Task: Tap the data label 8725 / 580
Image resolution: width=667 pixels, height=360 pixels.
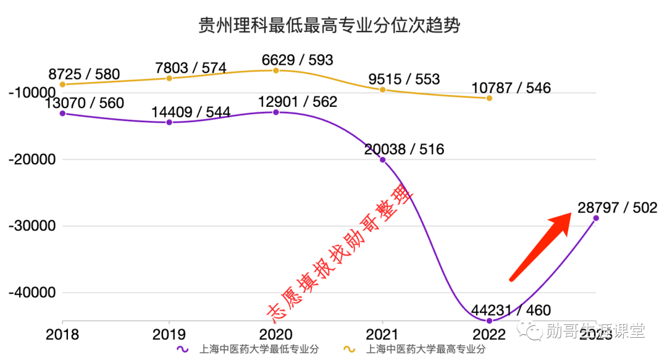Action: click(84, 75)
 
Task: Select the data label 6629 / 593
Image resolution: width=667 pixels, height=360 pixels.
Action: click(297, 60)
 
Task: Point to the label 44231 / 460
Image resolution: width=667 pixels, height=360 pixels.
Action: click(511, 310)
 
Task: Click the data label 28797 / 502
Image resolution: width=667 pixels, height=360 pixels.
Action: click(618, 207)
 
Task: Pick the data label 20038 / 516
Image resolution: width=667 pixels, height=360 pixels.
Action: click(404, 149)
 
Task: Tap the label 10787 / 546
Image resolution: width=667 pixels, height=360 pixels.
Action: click(511, 88)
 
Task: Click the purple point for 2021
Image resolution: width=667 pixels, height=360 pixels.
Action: click(383, 160)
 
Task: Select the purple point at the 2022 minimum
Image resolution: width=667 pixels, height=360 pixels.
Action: click(490, 320)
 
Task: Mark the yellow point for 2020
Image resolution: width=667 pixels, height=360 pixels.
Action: click(276, 70)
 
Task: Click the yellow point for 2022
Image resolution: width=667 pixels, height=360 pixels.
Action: click(490, 98)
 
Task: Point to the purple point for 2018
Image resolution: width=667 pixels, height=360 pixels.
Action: click(62, 113)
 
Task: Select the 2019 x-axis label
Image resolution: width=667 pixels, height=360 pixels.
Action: click(169, 334)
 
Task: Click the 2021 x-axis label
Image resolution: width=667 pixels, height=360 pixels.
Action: click(383, 334)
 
